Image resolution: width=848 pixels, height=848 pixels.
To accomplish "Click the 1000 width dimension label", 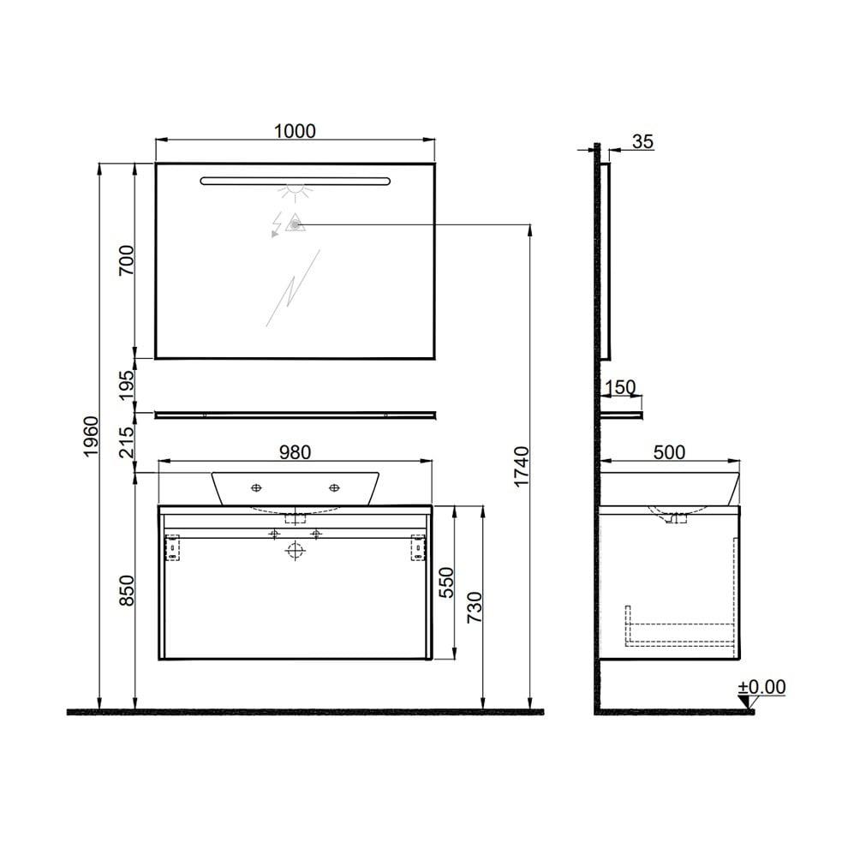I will point(295,131).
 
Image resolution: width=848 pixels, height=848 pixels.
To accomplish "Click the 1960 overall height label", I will point(91,436).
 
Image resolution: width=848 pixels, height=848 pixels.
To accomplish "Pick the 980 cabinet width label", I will point(294,451).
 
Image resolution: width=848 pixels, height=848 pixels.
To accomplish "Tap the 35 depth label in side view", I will point(642,141).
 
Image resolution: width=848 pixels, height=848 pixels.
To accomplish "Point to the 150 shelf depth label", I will point(619,387).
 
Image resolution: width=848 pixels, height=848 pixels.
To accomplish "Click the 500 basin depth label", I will point(669,451).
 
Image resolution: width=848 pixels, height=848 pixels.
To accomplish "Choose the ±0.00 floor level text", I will point(761,686).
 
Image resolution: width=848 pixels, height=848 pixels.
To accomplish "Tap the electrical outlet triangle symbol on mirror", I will point(294,224).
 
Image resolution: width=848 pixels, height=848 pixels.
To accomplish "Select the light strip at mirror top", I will point(295,181).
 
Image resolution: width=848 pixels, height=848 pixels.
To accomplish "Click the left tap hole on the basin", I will point(256,488).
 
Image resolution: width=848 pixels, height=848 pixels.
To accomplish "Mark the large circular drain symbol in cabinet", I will point(295,550).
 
